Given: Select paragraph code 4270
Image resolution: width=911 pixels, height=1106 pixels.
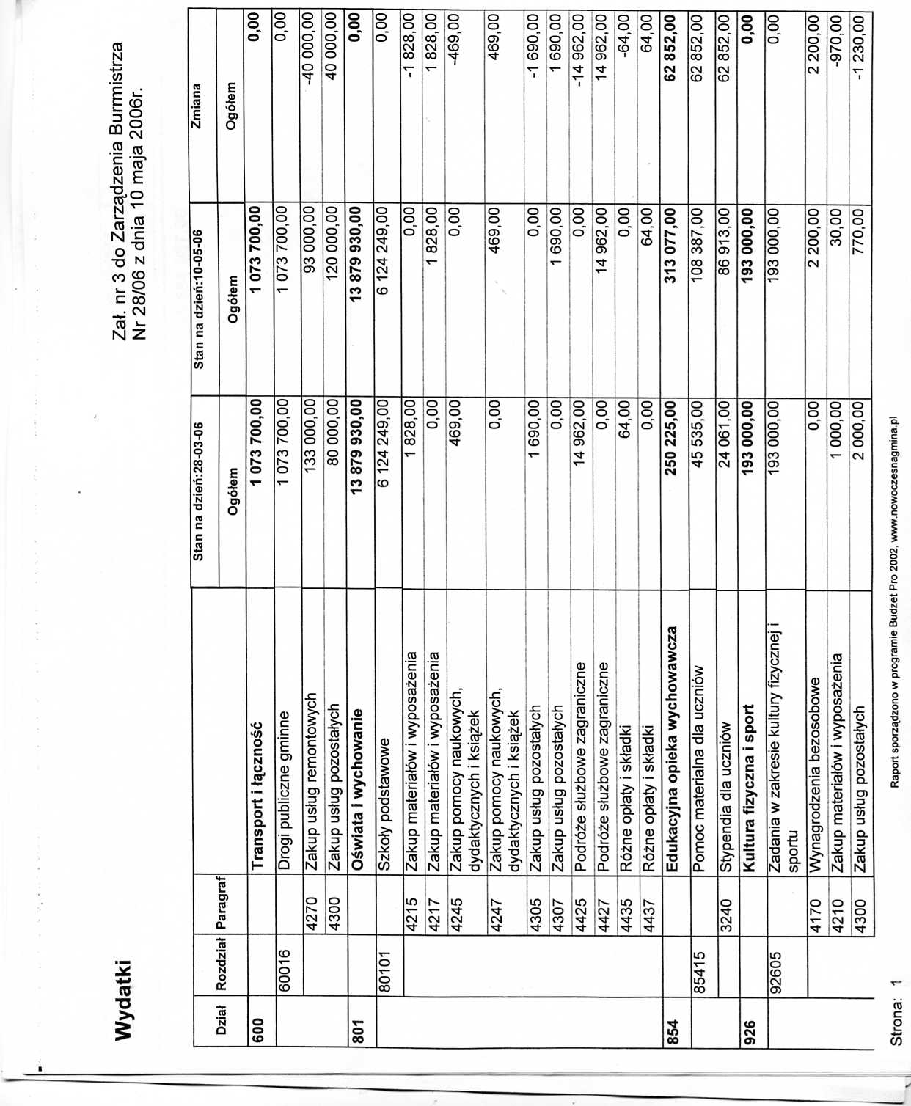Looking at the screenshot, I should coord(311,914).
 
